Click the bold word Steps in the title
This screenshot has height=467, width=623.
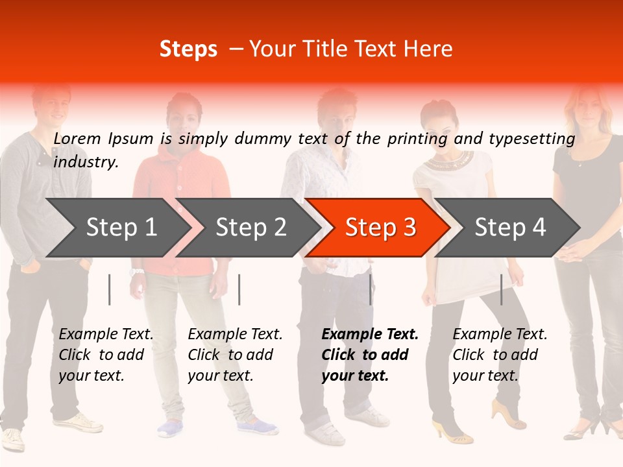pyautogui.click(x=188, y=49)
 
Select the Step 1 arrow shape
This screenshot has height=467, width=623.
pyautogui.click(x=117, y=228)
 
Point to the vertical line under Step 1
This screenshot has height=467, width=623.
pyautogui.click(x=110, y=289)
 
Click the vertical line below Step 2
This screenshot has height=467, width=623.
pyautogui.click(x=239, y=289)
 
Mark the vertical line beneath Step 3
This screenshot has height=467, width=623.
pyautogui.click(x=371, y=289)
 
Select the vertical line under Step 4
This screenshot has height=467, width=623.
pyautogui.click(x=502, y=289)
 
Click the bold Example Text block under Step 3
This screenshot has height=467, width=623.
pyautogui.click(x=369, y=355)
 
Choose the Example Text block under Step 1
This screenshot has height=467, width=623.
pyautogui.click(x=106, y=355)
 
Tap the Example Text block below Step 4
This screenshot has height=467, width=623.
pyautogui.click(x=500, y=355)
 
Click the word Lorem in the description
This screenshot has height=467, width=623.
pyautogui.click(x=77, y=138)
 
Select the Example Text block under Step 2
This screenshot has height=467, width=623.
pyautogui.click(x=235, y=355)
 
